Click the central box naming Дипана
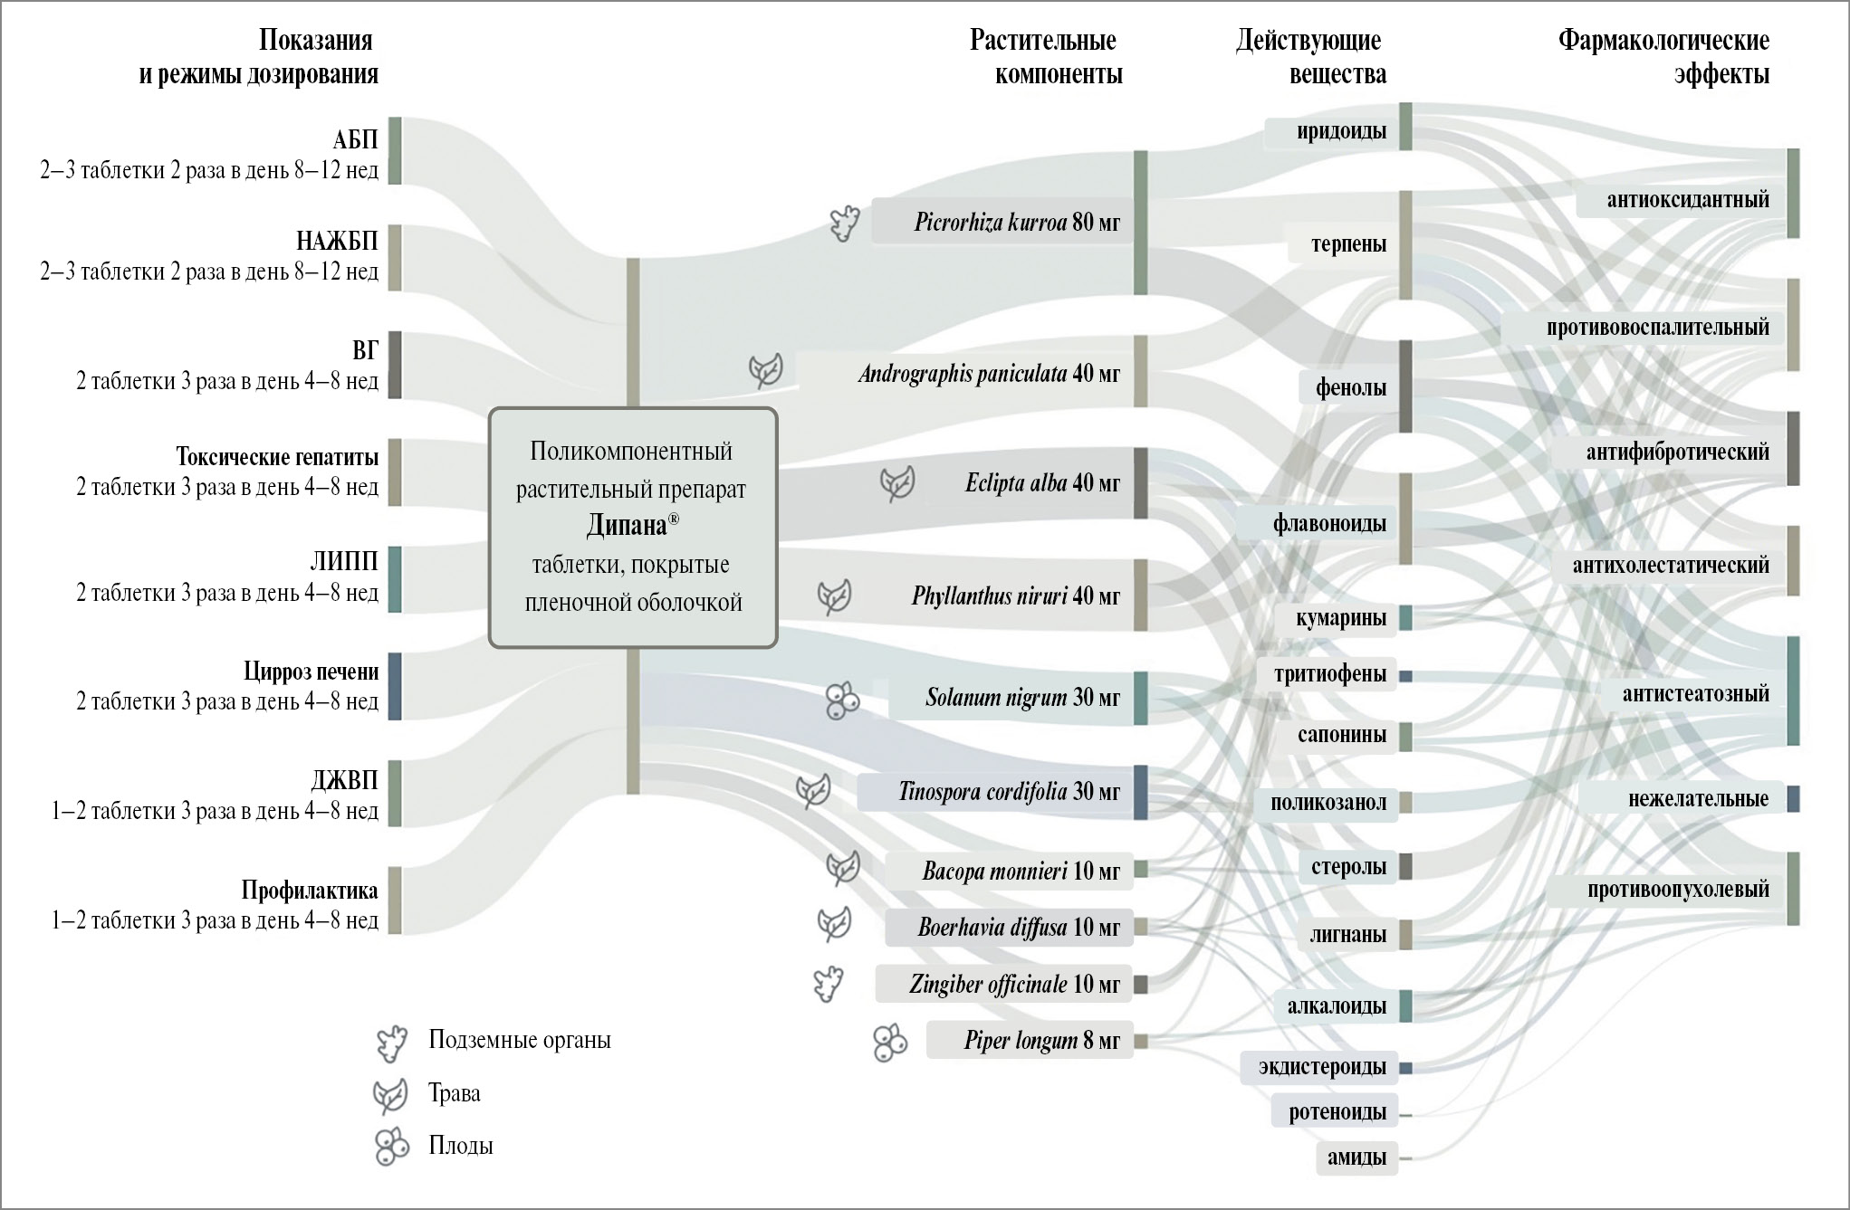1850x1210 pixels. pyautogui.click(x=633, y=528)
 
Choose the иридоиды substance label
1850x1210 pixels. pyautogui.click(x=1341, y=132)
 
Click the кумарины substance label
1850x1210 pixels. pyautogui.click(x=1341, y=618)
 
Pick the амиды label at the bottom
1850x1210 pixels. pyautogui.click(x=1356, y=1158)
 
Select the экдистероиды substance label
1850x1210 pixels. pyautogui.click(x=1322, y=1067)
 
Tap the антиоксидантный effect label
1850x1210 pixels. pyautogui.click(x=1687, y=200)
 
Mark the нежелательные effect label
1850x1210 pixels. pyautogui.click(x=1698, y=799)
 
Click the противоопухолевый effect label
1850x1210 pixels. pyautogui.click(x=1678, y=890)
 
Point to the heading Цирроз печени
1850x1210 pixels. pyautogui.click(x=311, y=672)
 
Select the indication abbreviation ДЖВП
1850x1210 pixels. pyautogui.click(x=344, y=780)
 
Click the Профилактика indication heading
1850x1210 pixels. pyautogui.click(x=309, y=891)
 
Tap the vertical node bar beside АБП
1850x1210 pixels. pyautogui.click(x=395, y=150)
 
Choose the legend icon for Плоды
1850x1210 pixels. pyautogui.click(x=392, y=1147)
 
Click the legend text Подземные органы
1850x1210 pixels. pyautogui.click(x=520, y=1040)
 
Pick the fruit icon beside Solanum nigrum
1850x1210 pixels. pyautogui.click(x=842, y=700)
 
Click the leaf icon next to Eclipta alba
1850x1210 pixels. pyautogui.click(x=897, y=484)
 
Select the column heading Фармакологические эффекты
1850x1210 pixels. pyautogui.click(x=1663, y=57)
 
